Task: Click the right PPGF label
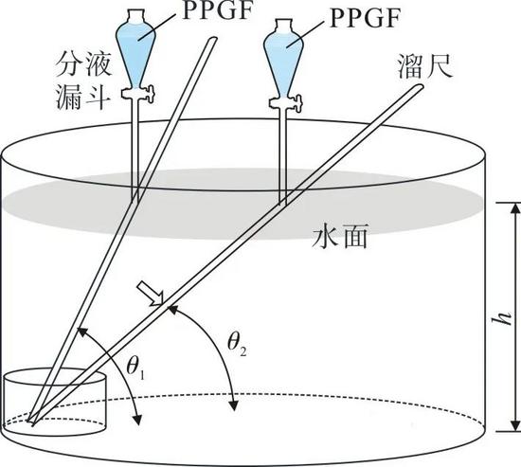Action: point(365,19)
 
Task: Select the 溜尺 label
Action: point(425,66)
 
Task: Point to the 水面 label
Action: point(339,236)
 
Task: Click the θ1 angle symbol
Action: point(135,369)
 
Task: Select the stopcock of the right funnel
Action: point(286,102)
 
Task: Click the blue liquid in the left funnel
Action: point(135,53)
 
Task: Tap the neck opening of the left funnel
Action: point(135,14)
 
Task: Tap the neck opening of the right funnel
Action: point(283,24)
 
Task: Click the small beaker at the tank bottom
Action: point(55,402)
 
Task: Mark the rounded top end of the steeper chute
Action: point(212,39)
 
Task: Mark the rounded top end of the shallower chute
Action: point(420,87)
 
